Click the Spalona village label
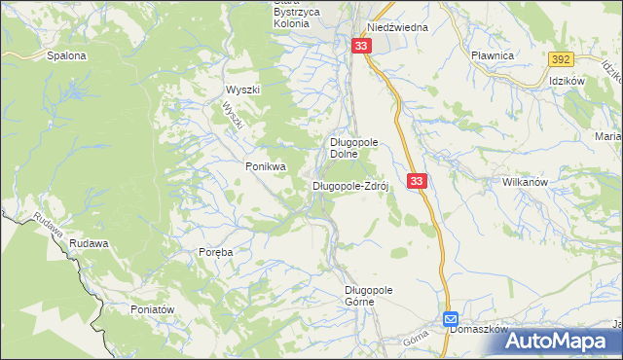[x=66, y=56]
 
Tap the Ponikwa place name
[x=265, y=166]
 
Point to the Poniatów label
[x=152, y=308]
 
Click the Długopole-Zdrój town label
[x=350, y=185]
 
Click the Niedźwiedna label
[x=397, y=27]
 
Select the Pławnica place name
[x=492, y=56]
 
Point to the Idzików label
[x=566, y=81]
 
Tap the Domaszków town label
[x=481, y=329]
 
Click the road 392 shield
[x=559, y=59]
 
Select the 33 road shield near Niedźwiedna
[x=362, y=46]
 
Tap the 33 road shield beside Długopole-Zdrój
[x=417, y=181]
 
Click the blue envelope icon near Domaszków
[x=451, y=318]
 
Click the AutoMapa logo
[x=563, y=342]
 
